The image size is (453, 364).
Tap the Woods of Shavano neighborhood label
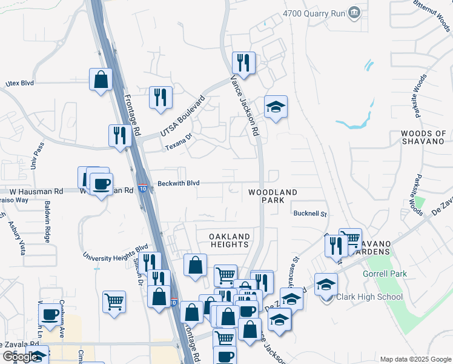[x=423, y=137]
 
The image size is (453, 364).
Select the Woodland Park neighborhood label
[x=273, y=196]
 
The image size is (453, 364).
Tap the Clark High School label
[x=369, y=297]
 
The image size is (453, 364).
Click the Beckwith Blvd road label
[x=178, y=183]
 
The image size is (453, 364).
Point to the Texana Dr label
[x=179, y=143]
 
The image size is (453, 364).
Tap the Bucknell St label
[x=309, y=214]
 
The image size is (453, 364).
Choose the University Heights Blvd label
[x=115, y=252]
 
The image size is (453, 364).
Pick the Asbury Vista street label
[x=16, y=231]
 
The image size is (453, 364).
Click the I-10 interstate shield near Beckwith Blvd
[x=142, y=189]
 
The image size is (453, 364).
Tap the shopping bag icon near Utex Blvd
[x=101, y=79]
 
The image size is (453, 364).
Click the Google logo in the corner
[x=20, y=357]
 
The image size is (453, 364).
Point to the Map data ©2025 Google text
[x=415, y=359]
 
